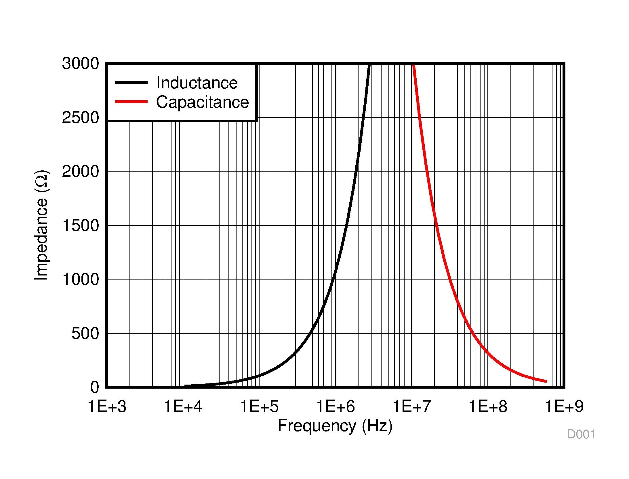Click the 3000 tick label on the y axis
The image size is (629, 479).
(x=80, y=63)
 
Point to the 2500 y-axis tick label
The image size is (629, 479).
(x=80, y=117)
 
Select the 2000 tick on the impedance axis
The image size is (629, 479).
(x=80, y=172)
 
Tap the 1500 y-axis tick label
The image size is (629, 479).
(x=80, y=225)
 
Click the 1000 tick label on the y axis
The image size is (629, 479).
(x=80, y=279)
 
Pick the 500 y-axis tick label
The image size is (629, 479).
(x=85, y=333)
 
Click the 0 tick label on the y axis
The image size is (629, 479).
(x=94, y=387)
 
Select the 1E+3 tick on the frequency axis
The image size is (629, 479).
(x=107, y=407)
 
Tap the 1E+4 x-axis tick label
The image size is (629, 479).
(x=183, y=407)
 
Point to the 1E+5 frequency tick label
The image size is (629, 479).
(x=259, y=407)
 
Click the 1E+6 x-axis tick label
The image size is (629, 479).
(x=336, y=407)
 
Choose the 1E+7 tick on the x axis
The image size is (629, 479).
(x=412, y=407)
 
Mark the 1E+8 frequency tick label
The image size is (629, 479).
(x=488, y=407)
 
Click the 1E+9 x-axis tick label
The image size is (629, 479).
(x=564, y=407)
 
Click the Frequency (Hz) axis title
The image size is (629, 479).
(x=335, y=426)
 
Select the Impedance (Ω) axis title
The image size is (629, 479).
(x=41, y=225)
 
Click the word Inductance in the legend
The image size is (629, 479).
(x=197, y=83)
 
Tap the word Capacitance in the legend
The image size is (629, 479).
(x=202, y=102)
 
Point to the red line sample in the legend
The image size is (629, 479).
(x=131, y=102)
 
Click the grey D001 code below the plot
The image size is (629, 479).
(x=581, y=434)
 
